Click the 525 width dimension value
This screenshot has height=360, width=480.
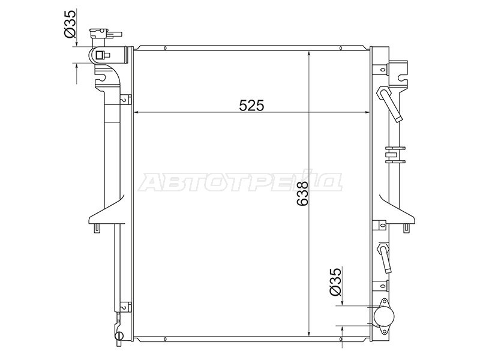tap(251, 106)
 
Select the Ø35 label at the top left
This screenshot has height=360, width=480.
tap(70, 24)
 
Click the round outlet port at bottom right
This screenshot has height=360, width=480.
tap(383, 316)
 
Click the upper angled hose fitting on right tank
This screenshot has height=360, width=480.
tap(390, 104)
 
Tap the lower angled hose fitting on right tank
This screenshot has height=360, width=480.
tap(385, 258)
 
